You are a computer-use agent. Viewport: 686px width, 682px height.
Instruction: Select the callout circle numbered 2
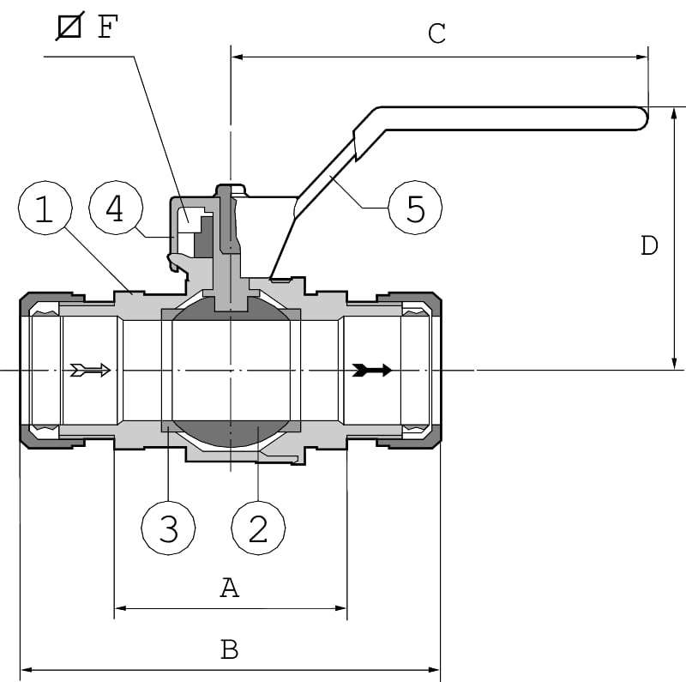click(259, 526)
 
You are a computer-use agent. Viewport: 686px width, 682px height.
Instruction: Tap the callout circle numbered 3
click(168, 526)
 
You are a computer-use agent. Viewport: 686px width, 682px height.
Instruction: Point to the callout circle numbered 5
click(415, 208)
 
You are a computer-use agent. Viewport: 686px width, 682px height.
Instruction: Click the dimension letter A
click(229, 588)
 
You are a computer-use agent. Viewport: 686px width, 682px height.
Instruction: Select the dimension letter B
click(229, 649)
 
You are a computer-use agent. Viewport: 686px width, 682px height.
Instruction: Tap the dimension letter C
click(436, 34)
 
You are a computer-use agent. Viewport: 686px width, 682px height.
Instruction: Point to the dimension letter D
click(649, 246)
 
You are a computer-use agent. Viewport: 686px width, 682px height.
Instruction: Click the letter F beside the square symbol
click(106, 27)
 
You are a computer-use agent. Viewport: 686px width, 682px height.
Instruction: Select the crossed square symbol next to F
click(69, 27)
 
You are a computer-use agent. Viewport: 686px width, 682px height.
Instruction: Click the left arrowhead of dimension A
click(121, 608)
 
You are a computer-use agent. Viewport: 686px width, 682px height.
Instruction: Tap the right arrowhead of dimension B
click(434, 669)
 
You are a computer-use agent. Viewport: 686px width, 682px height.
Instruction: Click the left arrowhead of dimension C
click(238, 57)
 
